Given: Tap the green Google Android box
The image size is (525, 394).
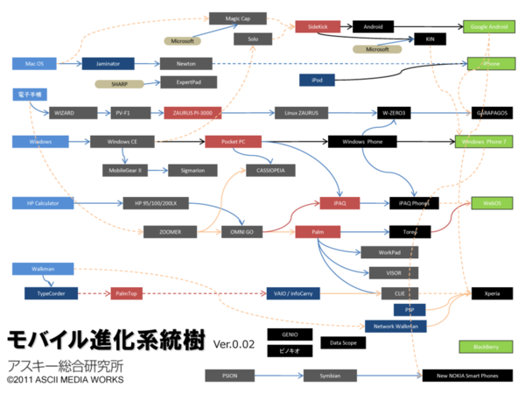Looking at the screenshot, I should pyautogui.click(x=490, y=27).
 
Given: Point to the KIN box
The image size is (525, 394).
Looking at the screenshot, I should pyautogui.click(x=430, y=39).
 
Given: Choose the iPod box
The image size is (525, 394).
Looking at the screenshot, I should pyautogui.click(x=316, y=80).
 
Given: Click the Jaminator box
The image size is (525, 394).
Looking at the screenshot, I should pyautogui.click(x=108, y=63).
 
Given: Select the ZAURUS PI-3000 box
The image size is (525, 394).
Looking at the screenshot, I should pyautogui.click(x=193, y=113).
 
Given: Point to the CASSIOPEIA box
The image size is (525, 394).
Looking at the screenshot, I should pyautogui.click(x=271, y=170).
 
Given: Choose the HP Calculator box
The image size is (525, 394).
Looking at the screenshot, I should pyautogui.click(x=38, y=203).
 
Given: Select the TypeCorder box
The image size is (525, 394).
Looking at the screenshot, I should pyautogui.click(x=51, y=292).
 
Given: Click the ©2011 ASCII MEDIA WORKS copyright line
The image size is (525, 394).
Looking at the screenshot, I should pyautogui.click(x=65, y=380).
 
